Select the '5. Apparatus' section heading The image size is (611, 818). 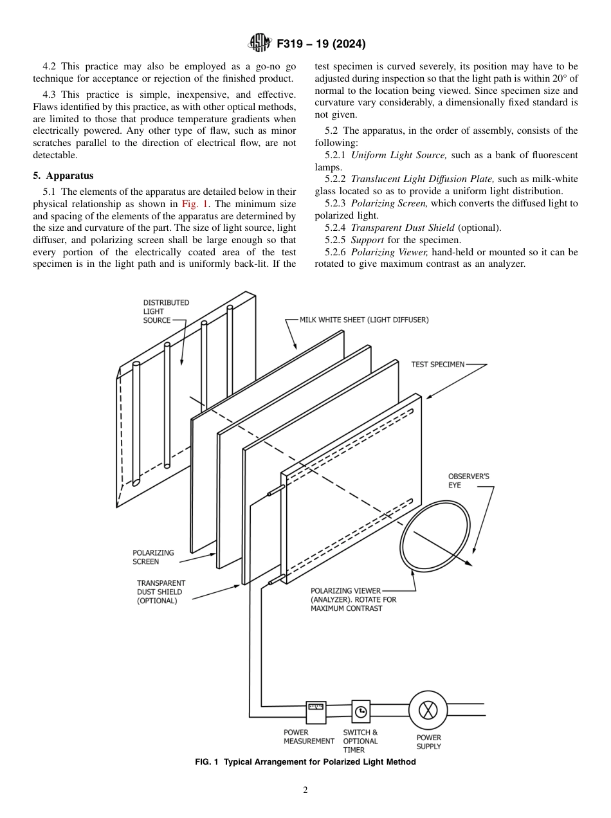pyautogui.click(x=63, y=176)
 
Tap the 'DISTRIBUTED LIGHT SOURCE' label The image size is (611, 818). pyautogui.click(x=165, y=311)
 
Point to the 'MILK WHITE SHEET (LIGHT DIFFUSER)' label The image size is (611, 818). pyautogui.click(x=364, y=320)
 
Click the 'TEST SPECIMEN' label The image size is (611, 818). pyautogui.click(x=437, y=365)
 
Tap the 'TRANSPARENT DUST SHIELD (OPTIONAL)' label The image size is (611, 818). pyautogui.click(x=161, y=592)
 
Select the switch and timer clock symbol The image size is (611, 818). pyautogui.click(x=361, y=711)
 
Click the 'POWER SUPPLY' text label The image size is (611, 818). pyautogui.click(x=429, y=742)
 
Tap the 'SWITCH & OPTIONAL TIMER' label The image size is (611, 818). pyautogui.click(x=360, y=741)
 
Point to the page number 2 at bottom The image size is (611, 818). pyautogui.click(x=305, y=790)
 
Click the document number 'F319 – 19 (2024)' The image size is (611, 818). pyautogui.click(x=321, y=44)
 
